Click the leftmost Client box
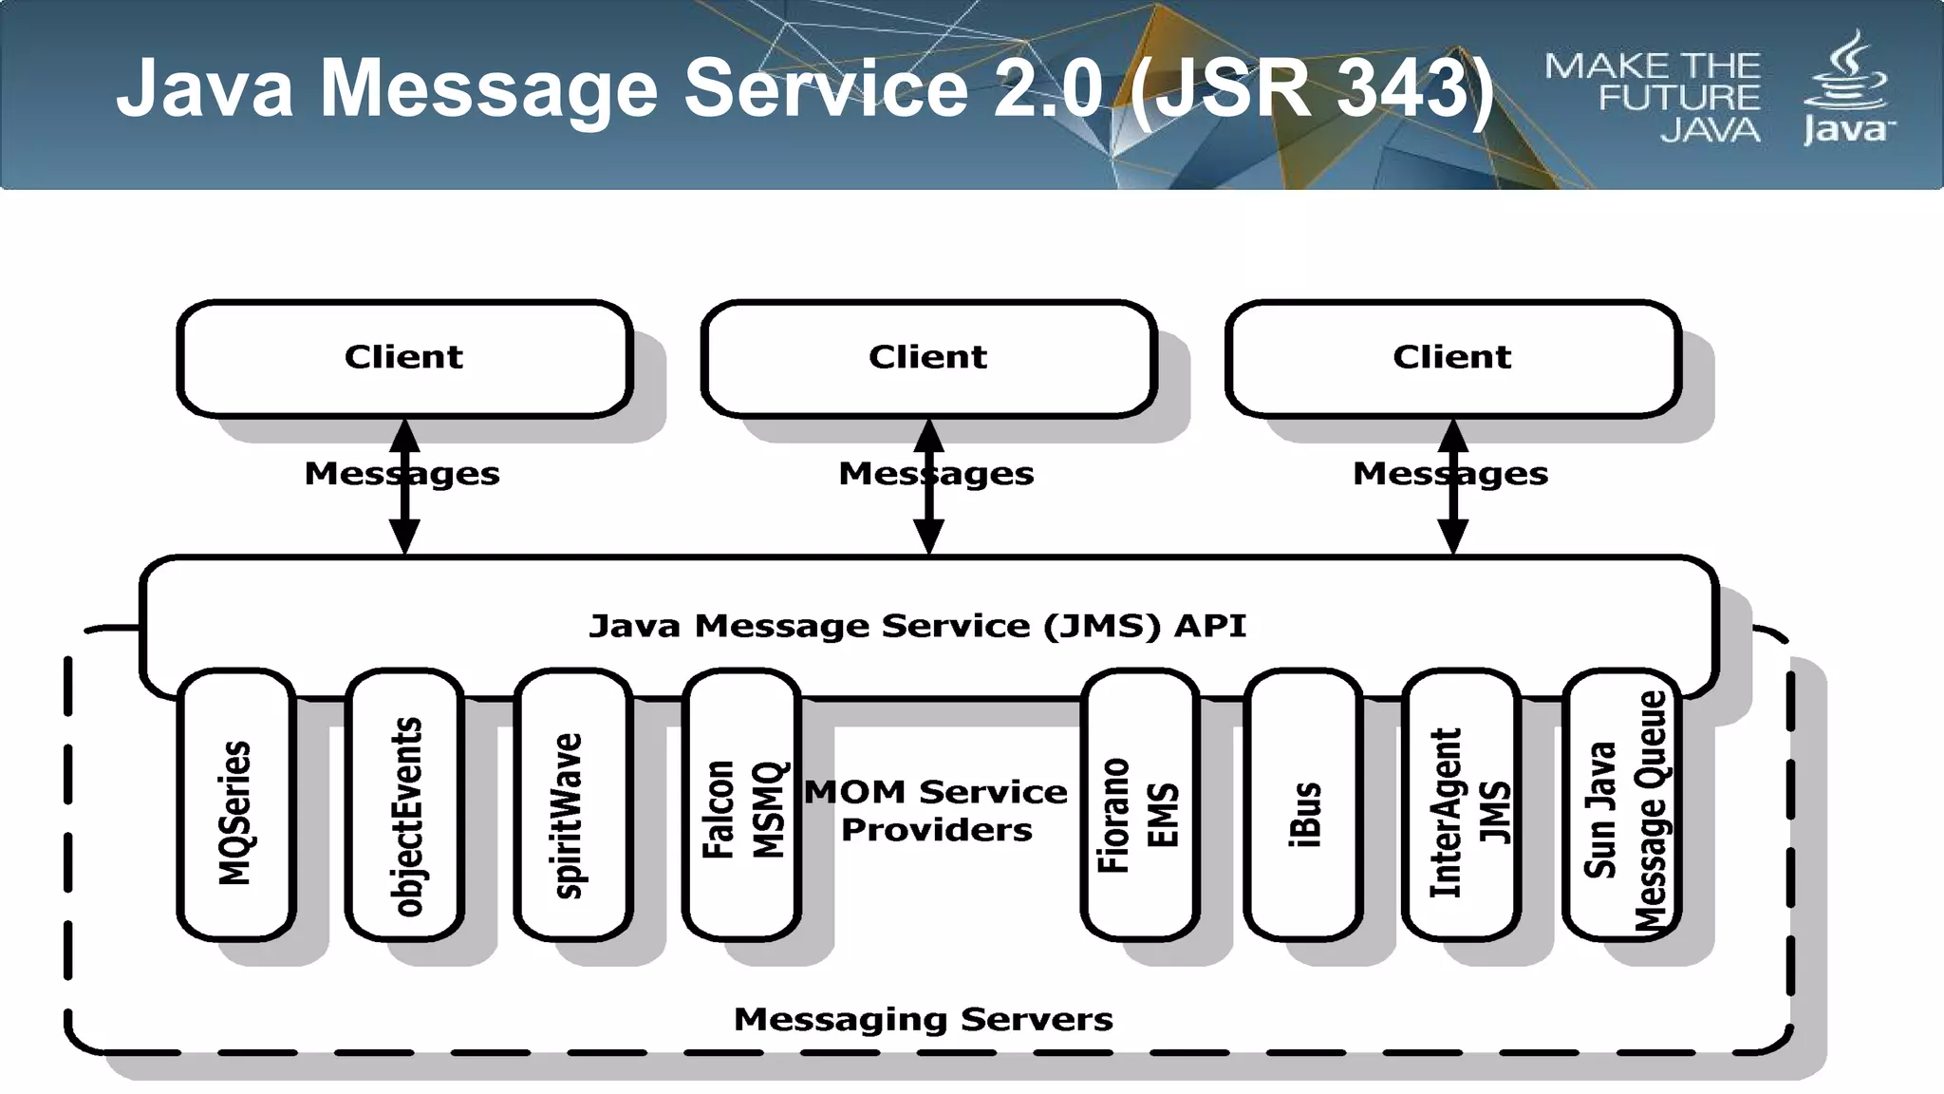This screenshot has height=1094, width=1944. pyautogui.click(x=404, y=359)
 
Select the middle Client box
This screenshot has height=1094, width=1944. pyautogui.click(x=928, y=359)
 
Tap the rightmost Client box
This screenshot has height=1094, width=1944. pyautogui.click(x=1452, y=359)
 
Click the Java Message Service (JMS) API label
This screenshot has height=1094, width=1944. pyautogui.click(x=917, y=626)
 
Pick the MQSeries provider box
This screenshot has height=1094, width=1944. pyautogui.click(x=235, y=807)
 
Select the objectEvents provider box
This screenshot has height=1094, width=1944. pyautogui.click(x=405, y=807)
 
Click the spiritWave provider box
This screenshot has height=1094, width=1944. pyautogui.click(x=572, y=807)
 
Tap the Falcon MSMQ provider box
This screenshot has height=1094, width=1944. pyautogui.click(x=741, y=807)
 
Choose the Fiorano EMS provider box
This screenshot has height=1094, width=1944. pyautogui.click(x=1139, y=807)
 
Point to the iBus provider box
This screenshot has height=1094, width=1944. pyautogui.click(x=1303, y=807)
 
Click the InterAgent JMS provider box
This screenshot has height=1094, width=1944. pyautogui.click(x=1462, y=807)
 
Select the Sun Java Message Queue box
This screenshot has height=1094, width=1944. pyautogui.click(x=1621, y=807)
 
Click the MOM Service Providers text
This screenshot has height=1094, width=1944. pyautogui.click(x=936, y=810)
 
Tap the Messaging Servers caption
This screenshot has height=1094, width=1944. pyautogui.click(x=923, y=1019)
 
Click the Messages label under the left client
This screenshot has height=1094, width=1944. pyautogui.click(x=402, y=473)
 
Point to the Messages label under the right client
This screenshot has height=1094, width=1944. pyautogui.click(x=1449, y=473)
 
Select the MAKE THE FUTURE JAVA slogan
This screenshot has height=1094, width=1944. pyautogui.click(x=1653, y=97)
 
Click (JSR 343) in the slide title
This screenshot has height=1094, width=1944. pyautogui.click(x=1313, y=88)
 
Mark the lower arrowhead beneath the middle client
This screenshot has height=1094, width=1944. pyautogui.click(x=928, y=537)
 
